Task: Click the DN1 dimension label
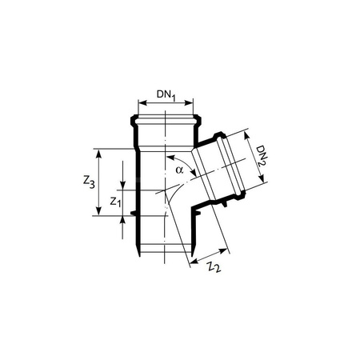point(166,95)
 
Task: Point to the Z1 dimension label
point(114,203)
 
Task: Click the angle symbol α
point(180,170)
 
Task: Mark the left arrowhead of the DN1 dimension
point(142,102)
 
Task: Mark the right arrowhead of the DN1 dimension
point(191,102)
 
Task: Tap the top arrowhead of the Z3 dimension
point(99,152)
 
